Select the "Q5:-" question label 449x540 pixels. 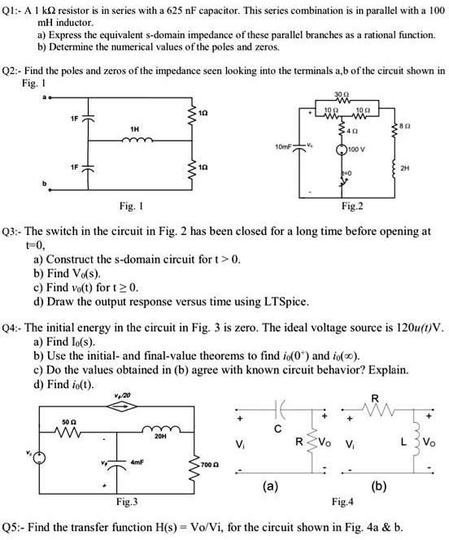(x=15, y=525)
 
